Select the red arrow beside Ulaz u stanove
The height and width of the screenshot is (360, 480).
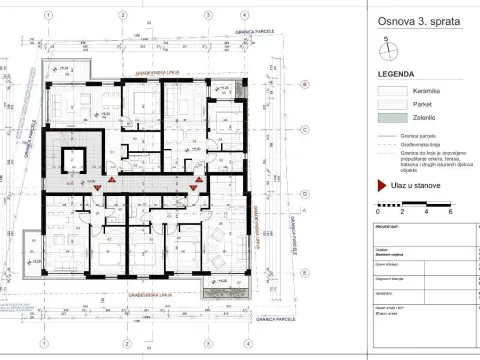coord(381,184)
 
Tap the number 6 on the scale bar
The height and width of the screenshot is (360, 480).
coord(451,213)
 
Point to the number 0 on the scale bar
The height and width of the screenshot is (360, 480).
coord(378,213)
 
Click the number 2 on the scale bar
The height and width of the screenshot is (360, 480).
coord(402,213)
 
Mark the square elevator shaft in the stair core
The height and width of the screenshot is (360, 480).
coord(73,160)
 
